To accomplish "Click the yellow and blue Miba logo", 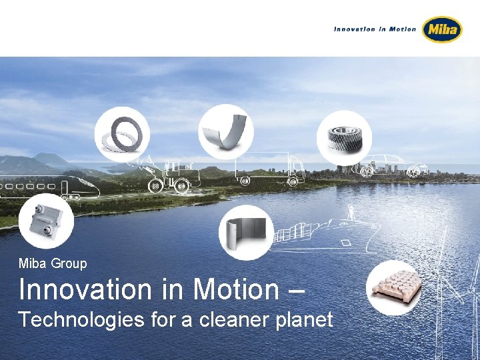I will click(x=442, y=29).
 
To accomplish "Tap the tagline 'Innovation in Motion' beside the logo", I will click(x=375, y=29).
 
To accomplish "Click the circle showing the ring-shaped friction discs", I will click(x=122, y=134).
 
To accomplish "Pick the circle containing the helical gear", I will click(x=343, y=137).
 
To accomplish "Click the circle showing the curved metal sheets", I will click(x=247, y=232).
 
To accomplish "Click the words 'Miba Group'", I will click(x=53, y=263).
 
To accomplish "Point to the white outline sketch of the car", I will click(x=394, y=167).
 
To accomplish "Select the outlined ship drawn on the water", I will click(x=320, y=230).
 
